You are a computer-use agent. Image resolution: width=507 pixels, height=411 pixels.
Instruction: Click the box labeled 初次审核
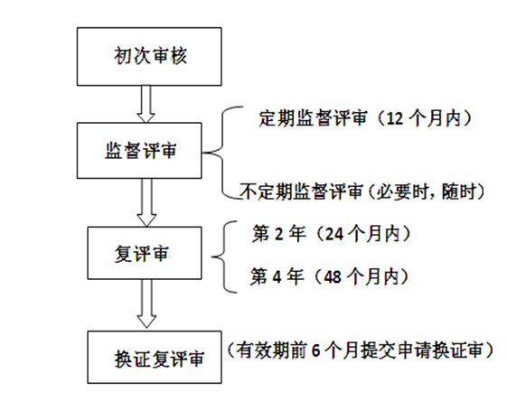tap(149, 57)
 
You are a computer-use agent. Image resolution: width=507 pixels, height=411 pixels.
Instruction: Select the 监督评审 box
tap(139, 151)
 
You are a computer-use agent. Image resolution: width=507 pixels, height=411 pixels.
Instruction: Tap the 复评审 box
tap(145, 253)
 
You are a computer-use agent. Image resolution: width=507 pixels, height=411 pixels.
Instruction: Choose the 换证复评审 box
tap(155, 357)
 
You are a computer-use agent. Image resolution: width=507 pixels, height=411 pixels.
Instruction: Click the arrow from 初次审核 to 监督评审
tap(146, 104)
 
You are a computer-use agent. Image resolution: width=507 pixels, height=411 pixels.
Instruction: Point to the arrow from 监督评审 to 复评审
tap(146, 202)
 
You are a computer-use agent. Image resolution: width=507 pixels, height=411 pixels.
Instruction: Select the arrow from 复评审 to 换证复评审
tap(146, 304)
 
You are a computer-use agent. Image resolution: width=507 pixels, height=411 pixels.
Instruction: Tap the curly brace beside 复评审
tap(224, 257)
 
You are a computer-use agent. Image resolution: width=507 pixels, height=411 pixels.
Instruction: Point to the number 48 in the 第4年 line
tap(333, 277)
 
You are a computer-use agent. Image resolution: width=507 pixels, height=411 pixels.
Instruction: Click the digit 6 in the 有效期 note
tap(316, 350)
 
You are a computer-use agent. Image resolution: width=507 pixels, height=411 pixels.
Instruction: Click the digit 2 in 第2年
tap(278, 234)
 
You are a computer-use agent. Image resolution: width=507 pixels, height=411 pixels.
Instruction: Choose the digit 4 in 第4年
tap(277, 277)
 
